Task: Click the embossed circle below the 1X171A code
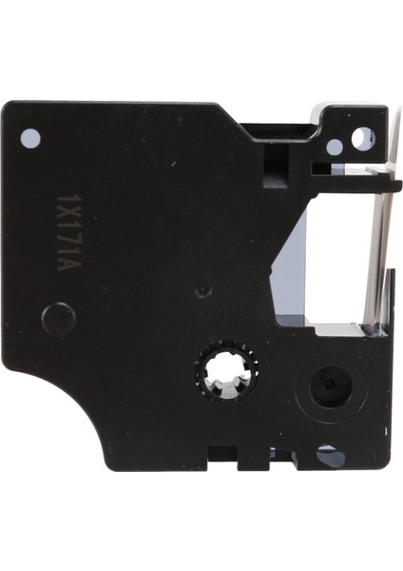point(59,318)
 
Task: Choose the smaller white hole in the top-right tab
point(335,147)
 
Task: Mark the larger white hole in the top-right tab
point(361,140)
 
